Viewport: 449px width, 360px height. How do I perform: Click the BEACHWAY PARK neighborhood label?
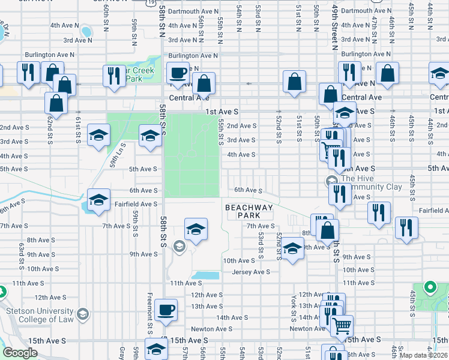click(x=249, y=211)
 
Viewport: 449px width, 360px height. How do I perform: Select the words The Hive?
click(x=357, y=179)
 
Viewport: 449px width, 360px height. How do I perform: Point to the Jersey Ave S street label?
click(x=250, y=271)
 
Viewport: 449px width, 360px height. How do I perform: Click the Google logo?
click(x=20, y=353)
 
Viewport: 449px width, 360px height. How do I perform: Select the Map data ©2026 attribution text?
click(x=423, y=355)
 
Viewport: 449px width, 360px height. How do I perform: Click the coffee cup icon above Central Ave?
click(x=178, y=73)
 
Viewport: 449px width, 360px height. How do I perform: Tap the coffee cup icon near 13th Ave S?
click(x=166, y=310)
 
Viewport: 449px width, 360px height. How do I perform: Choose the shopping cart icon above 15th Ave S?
click(x=342, y=326)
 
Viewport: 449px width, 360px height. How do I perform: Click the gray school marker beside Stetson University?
click(x=83, y=314)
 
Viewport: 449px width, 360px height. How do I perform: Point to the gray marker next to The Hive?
click(x=331, y=181)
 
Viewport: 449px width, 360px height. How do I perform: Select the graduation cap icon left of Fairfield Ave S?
click(x=98, y=200)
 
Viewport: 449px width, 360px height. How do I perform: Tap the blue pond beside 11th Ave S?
click(x=205, y=276)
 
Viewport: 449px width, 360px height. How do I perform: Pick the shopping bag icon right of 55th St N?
click(x=204, y=83)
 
